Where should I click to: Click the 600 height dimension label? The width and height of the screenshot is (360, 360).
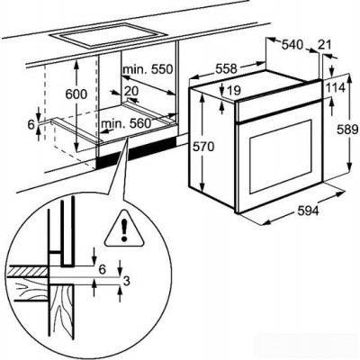(76, 94)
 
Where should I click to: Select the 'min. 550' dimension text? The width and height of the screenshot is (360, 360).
(148, 69)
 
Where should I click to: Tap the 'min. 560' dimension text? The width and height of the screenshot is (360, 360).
(126, 123)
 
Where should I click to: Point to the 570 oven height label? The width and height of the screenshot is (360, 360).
(203, 147)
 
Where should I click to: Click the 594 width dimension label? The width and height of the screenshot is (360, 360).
(308, 211)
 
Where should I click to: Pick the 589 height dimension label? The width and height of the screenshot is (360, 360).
(347, 130)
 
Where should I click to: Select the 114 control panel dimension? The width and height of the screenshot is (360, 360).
(336, 88)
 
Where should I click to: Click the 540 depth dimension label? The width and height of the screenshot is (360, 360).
(292, 45)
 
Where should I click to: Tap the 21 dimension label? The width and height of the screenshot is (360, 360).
(324, 45)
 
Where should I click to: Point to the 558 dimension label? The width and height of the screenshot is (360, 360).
(226, 69)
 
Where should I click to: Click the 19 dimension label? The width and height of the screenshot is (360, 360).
(234, 90)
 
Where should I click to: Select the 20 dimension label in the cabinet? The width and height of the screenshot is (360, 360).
(131, 91)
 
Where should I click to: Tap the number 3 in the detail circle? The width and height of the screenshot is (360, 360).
(127, 281)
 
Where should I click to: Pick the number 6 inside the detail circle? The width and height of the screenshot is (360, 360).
(103, 269)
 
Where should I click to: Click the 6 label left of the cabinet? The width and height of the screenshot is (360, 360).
(31, 125)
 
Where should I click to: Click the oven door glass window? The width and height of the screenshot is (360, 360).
(281, 157)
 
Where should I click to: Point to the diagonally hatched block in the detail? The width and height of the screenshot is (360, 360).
(29, 272)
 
